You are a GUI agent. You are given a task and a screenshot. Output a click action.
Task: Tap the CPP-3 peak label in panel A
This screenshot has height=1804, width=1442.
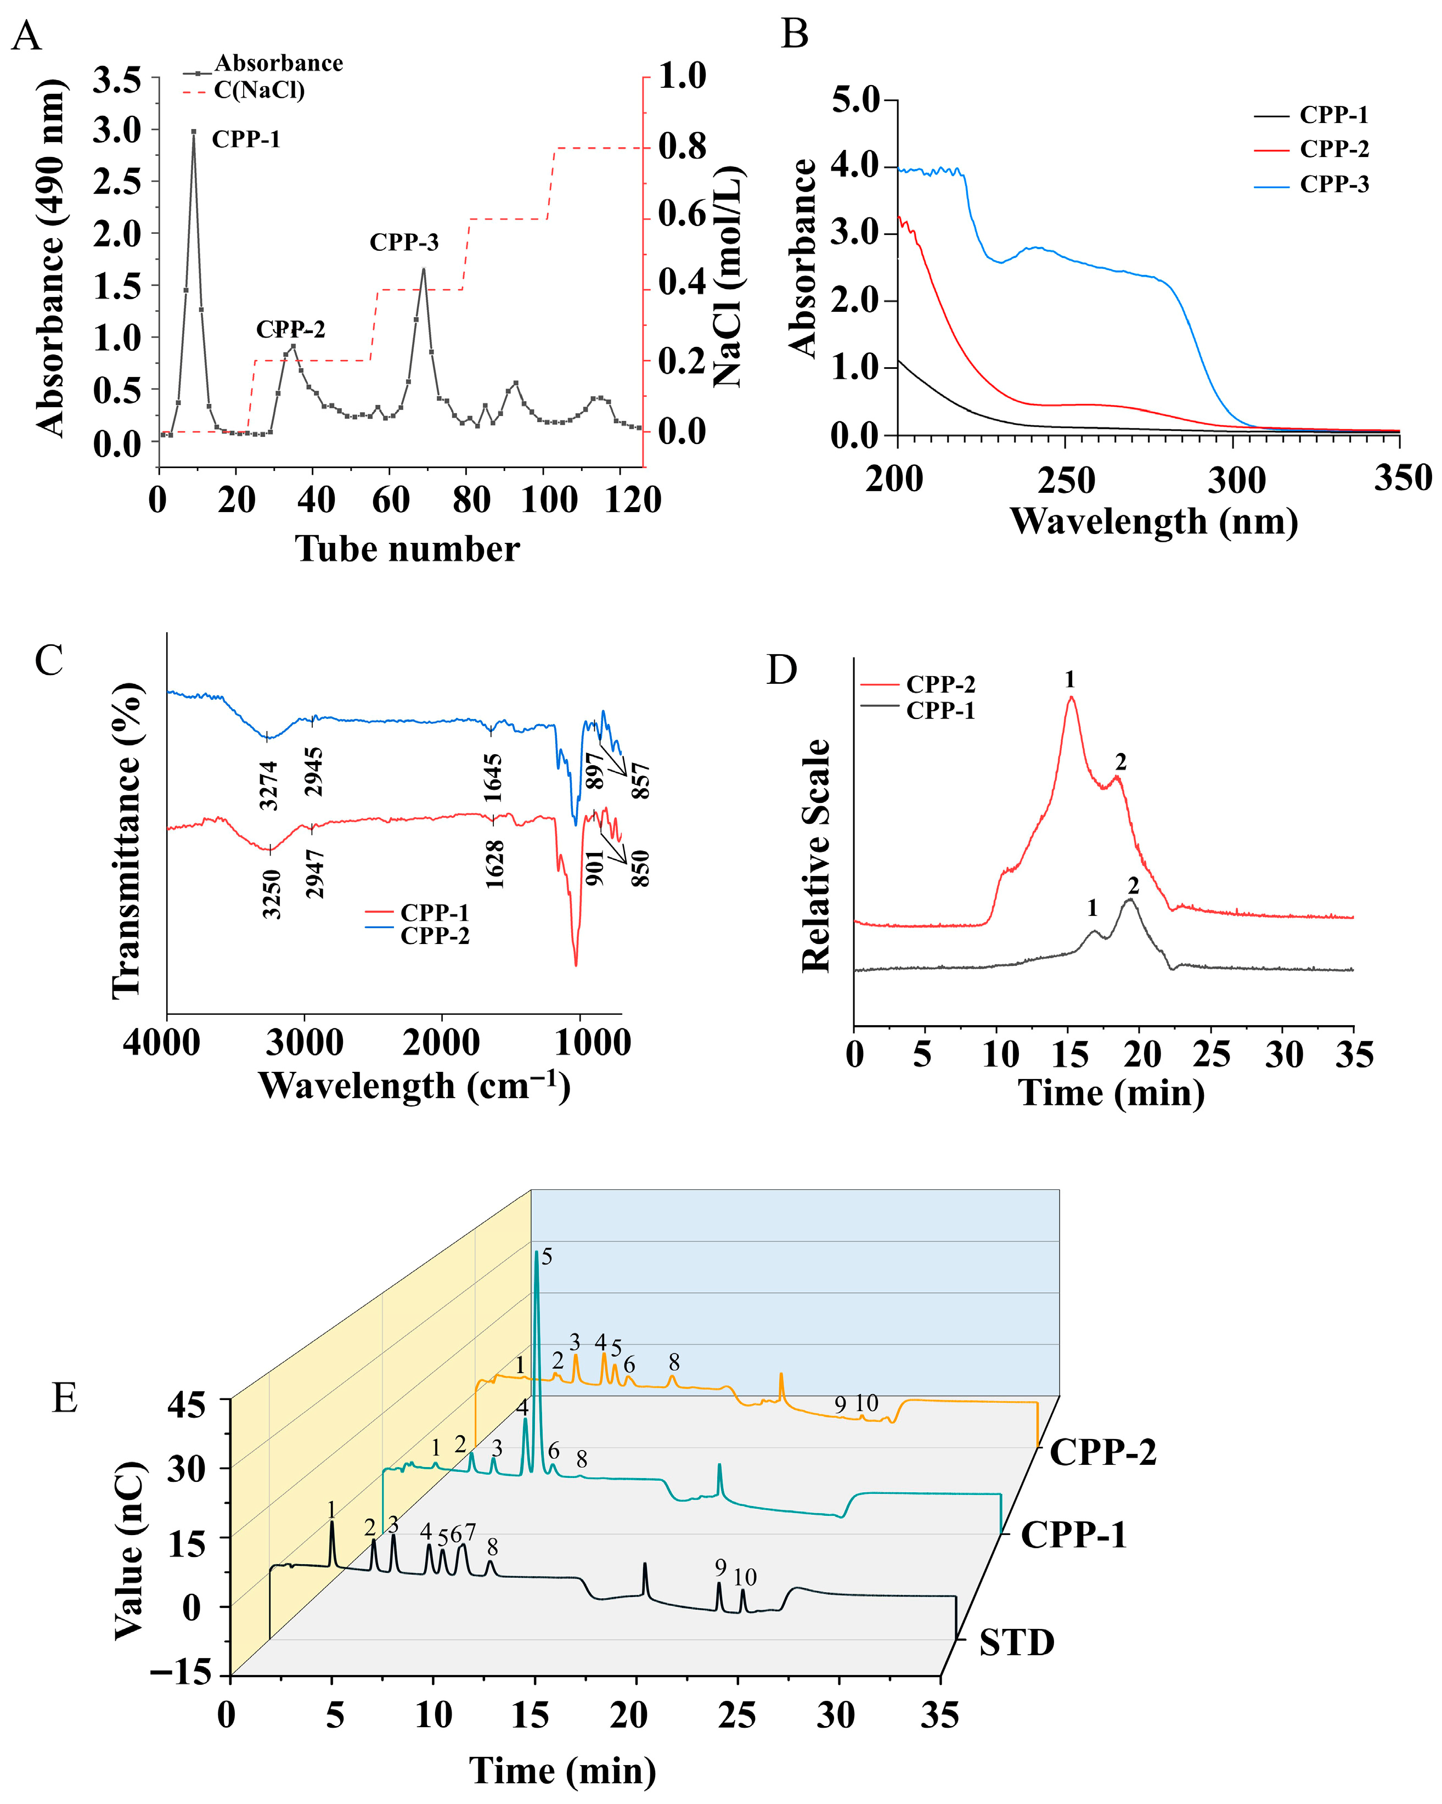click(404, 243)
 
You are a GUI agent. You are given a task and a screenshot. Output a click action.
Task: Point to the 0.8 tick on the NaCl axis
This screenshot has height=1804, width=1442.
click(681, 147)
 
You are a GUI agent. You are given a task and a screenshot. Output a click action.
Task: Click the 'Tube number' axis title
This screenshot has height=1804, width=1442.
click(407, 549)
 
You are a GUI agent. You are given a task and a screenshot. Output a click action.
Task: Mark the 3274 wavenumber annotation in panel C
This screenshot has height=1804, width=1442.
click(268, 785)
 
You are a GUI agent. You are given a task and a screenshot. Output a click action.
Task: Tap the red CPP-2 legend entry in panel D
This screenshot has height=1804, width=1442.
click(940, 684)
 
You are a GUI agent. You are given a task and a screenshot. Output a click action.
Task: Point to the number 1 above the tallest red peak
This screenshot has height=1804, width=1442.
click(1070, 679)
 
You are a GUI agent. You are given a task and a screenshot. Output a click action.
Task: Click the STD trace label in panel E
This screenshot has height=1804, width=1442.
click(1016, 1643)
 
